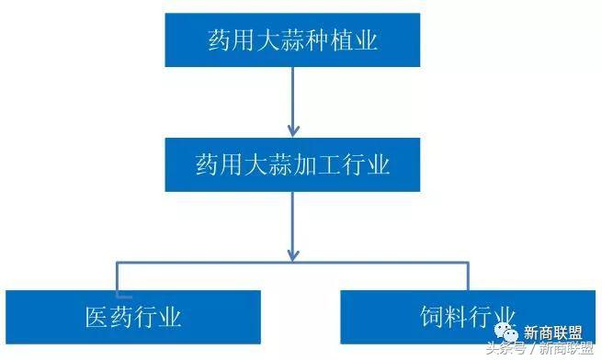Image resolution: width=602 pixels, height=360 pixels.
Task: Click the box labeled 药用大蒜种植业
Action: (x=293, y=39)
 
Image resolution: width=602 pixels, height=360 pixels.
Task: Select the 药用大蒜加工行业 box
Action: (x=293, y=165)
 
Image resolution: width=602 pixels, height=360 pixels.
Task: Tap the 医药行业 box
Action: (x=133, y=318)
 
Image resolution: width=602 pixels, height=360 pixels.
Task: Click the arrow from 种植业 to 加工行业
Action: (x=293, y=101)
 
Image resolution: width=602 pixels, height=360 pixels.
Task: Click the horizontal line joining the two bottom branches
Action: (x=294, y=263)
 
